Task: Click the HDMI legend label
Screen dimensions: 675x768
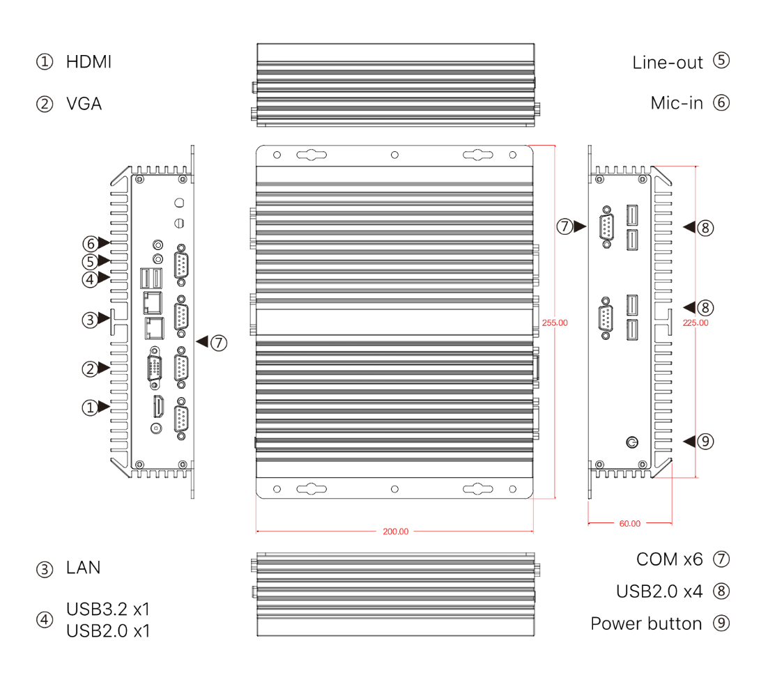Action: tap(89, 61)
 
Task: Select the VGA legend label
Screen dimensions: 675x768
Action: tap(84, 104)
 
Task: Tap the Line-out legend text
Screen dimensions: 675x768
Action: tap(668, 62)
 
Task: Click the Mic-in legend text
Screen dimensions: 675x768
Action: tap(677, 103)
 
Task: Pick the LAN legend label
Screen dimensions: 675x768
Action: tap(83, 568)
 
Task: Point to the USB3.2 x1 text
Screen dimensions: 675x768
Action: tap(108, 609)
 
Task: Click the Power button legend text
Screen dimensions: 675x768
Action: tap(646, 623)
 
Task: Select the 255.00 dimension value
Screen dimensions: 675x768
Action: tap(555, 323)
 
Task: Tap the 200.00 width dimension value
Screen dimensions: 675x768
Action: tap(396, 532)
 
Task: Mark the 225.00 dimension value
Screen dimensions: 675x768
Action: tap(696, 323)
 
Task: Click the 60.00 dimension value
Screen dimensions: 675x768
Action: tap(629, 523)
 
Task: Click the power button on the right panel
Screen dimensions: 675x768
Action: tap(632, 442)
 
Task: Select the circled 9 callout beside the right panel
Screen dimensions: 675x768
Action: tap(706, 441)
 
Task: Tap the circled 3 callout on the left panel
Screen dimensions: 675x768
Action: tap(90, 320)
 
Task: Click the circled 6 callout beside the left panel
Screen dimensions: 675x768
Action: tap(90, 244)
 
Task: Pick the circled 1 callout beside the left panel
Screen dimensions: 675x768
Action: tap(90, 408)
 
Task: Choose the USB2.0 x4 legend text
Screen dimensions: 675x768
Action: tap(659, 591)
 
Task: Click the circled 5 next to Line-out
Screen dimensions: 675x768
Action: tap(721, 61)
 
